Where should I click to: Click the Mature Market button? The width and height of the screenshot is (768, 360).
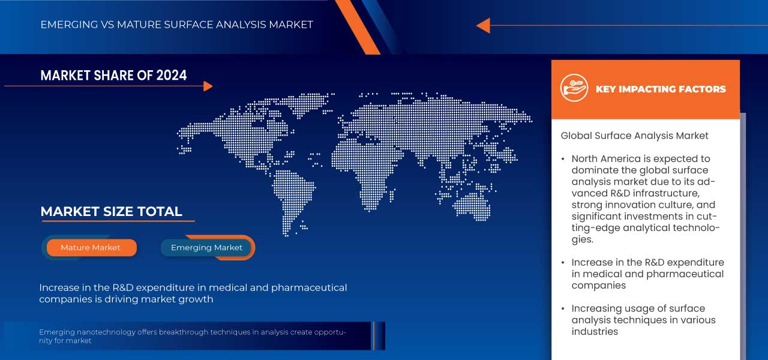91,248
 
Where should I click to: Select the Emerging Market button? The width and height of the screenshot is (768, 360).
206,248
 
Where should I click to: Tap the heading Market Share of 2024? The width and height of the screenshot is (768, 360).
113,75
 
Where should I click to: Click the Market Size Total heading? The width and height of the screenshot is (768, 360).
111,211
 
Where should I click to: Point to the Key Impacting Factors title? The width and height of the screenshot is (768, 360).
661,89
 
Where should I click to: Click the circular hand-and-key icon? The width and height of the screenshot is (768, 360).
574,88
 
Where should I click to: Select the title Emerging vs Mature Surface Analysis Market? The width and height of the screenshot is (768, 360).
176,25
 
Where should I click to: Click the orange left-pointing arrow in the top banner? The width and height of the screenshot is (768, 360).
483,25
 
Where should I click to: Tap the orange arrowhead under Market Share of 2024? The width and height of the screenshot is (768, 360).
208,86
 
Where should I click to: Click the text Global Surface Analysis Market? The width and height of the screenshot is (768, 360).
634,136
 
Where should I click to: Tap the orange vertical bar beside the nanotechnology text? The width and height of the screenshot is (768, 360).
373,336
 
